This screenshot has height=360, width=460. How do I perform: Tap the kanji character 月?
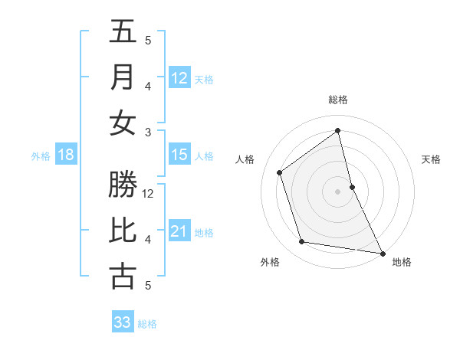tap(123, 77)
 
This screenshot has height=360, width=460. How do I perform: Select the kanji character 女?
tap(123, 123)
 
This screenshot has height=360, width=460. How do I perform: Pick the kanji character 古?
tap(123, 277)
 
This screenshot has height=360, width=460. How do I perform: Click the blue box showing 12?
tap(179, 77)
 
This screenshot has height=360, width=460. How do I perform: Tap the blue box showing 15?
tap(179, 155)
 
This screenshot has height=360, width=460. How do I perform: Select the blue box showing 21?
tap(179, 231)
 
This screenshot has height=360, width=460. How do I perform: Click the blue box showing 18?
tap(66, 155)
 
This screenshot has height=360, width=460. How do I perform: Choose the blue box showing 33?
tap(123, 322)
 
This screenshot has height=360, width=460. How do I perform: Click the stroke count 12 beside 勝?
tap(149, 194)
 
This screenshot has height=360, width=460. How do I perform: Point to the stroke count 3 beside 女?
tap(148, 132)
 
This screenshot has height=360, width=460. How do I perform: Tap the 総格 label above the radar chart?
tap(338, 100)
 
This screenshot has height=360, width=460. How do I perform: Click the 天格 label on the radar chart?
tap(432, 159)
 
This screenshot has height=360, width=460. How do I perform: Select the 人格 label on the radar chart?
tap(245, 159)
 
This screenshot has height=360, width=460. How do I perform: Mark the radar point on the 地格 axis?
tap(383, 253)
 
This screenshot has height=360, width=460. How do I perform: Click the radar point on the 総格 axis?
tap(338, 130)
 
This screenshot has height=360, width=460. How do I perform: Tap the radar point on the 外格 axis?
tap(302, 242)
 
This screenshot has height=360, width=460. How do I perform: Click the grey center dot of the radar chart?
tap(338, 191)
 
